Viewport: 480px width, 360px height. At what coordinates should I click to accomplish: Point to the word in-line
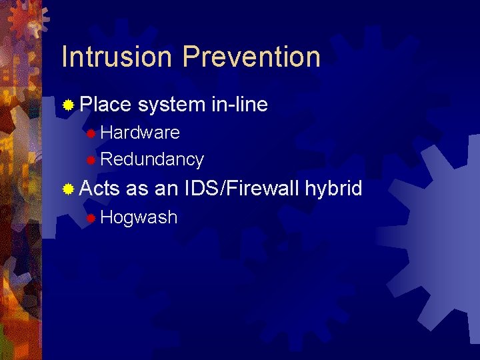(x=239, y=105)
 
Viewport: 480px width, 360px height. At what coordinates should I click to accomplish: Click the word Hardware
(x=140, y=133)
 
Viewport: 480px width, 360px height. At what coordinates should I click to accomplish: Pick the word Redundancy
(x=152, y=159)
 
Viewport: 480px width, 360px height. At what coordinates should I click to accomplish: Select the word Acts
(x=99, y=189)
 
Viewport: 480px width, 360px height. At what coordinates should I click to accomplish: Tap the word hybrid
(x=333, y=189)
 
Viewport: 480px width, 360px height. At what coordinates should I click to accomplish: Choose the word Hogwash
(x=139, y=217)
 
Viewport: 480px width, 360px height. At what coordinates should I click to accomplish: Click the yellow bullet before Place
(x=67, y=105)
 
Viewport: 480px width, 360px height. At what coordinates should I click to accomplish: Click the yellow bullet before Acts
(x=67, y=189)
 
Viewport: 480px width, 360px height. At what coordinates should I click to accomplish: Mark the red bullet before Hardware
(x=91, y=133)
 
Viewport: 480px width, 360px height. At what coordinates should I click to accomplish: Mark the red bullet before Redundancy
(x=91, y=160)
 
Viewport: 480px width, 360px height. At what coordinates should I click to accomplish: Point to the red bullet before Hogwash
(x=91, y=218)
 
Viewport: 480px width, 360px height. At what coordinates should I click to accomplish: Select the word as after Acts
(x=137, y=189)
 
